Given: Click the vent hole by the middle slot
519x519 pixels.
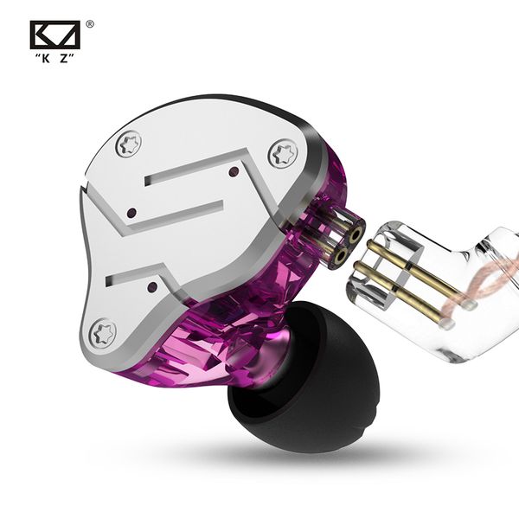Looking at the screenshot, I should coord(130,213).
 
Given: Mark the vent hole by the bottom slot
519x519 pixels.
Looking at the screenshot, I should coord(151,285).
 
